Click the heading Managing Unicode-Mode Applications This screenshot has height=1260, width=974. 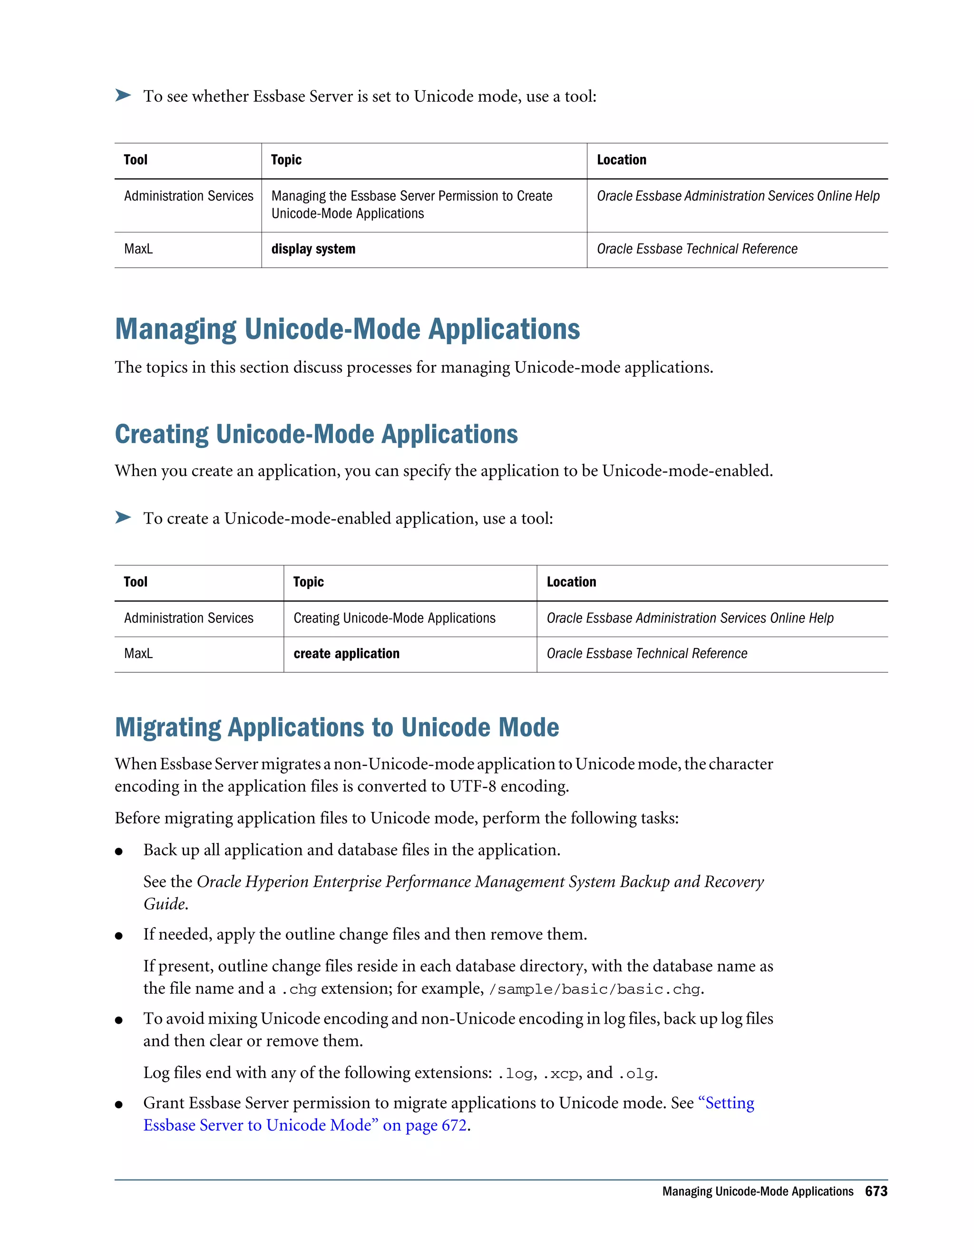click(x=347, y=330)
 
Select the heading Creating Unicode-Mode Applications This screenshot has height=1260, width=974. click(x=316, y=435)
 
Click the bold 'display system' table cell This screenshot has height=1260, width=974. click(x=313, y=249)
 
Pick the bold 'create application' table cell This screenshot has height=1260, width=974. click(x=346, y=654)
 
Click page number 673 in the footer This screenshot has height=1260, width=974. click(x=876, y=1192)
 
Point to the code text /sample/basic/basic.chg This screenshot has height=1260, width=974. click(x=594, y=989)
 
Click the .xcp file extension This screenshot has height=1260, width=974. click(x=560, y=1074)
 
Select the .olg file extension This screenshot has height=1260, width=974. click(x=636, y=1074)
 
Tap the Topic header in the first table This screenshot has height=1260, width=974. click(x=286, y=160)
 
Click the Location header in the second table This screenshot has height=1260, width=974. click(x=571, y=582)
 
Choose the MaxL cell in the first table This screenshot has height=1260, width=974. click(x=138, y=249)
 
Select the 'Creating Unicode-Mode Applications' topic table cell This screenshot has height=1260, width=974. click(x=394, y=619)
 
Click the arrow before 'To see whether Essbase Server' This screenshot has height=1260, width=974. click(x=123, y=95)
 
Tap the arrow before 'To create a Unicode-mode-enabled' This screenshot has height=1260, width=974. click(x=123, y=517)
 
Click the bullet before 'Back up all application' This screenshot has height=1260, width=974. click(x=119, y=852)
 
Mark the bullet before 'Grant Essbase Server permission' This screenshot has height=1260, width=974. click(x=119, y=1104)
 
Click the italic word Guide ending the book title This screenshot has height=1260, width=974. click(x=165, y=904)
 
